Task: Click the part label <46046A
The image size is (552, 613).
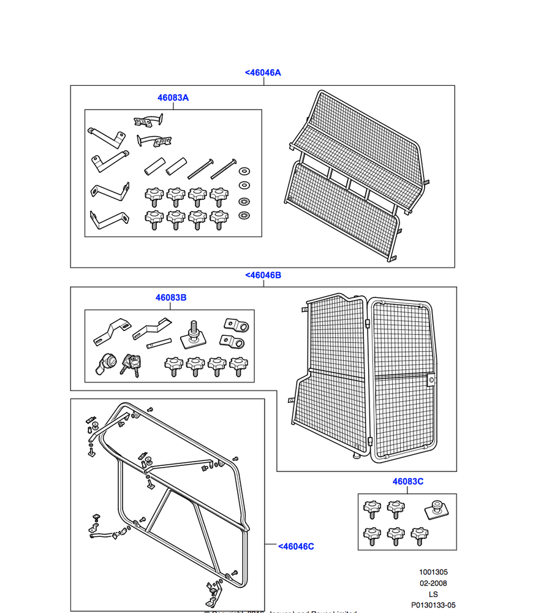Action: [x=263, y=72]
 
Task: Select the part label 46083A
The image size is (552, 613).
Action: [x=173, y=97]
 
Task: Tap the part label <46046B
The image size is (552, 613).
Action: [x=263, y=275]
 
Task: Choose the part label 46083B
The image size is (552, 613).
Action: [x=171, y=297]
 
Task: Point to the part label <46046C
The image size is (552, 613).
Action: [x=296, y=546]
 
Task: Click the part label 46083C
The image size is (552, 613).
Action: [x=408, y=481]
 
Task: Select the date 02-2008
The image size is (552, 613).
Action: [x=433, y=584]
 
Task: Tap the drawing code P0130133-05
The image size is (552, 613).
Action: [x=433, y=605]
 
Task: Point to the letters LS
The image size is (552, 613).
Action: [x=433, y=594]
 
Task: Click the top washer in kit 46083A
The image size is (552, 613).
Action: [x=244, y=170]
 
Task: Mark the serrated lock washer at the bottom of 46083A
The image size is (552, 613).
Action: [x=244, y=215]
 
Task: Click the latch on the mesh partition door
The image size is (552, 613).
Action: [x=432, y=381]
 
